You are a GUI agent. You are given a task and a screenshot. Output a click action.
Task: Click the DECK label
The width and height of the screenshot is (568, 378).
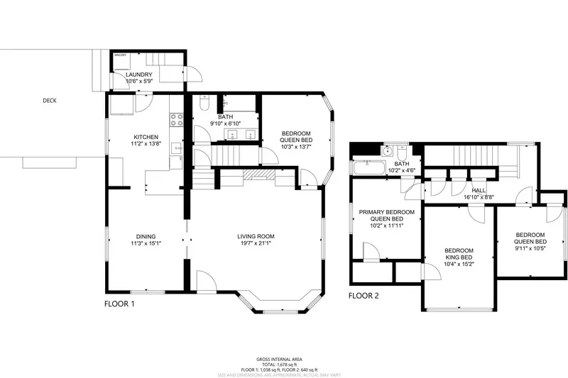coord(49,101)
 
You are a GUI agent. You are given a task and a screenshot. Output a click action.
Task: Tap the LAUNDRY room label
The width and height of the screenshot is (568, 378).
coord(139,74)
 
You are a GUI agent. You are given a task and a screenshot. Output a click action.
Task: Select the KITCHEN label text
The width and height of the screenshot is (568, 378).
coord(146,137)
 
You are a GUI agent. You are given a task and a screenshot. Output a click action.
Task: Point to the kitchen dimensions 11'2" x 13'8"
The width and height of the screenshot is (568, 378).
coord(146,144)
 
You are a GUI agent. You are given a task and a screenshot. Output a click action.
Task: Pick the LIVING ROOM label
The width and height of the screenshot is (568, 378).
coord(256,236)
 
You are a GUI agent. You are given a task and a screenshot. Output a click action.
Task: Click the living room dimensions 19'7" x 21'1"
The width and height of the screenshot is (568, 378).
coord(256,243)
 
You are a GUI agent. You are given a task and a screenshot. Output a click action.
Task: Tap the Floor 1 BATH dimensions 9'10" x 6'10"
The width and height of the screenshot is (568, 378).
coord(225,124)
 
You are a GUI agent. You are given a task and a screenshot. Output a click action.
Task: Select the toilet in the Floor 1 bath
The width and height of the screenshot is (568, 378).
coord(204,106)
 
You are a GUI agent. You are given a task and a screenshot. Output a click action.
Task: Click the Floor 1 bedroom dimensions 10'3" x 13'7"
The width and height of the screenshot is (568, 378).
coord(296,147)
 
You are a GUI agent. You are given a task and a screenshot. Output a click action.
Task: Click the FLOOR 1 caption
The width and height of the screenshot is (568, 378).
coord(119,304)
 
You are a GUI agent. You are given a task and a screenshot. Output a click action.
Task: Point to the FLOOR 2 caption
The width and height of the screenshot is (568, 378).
coord(364,296)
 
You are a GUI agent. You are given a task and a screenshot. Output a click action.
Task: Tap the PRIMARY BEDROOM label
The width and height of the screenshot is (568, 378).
coord(386,212)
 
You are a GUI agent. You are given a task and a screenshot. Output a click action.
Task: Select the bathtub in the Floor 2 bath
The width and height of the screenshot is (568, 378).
coord(366,167)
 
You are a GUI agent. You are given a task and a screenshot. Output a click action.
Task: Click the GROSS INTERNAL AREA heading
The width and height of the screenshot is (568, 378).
coord(283,360)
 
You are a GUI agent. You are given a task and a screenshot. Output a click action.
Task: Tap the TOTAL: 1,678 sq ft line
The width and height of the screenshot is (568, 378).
coord(283,364)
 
